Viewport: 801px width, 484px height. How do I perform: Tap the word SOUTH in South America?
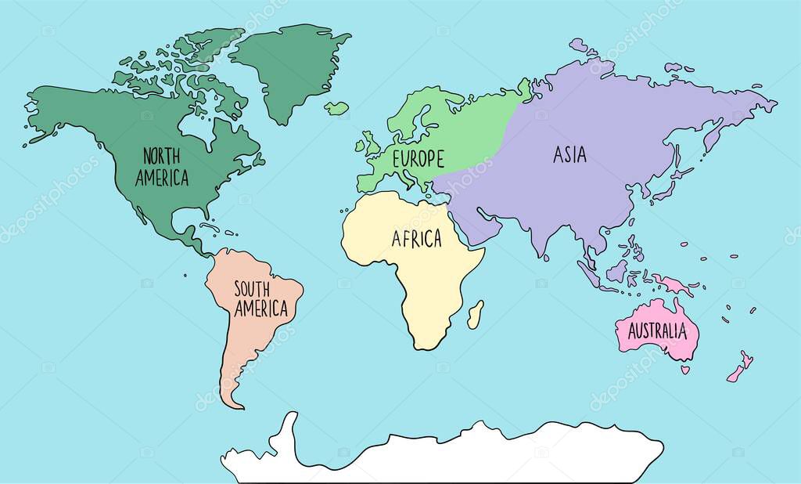pos(252,288)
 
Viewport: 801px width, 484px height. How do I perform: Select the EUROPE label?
pos(418,159)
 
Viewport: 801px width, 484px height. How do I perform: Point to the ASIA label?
pos(569,155)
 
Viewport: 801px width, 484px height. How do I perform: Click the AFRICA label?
pos(416,239)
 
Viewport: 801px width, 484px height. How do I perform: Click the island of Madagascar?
pos(475,315)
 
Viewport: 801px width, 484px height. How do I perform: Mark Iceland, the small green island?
pos(336,108)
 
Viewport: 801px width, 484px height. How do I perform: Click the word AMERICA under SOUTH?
pos(261,309)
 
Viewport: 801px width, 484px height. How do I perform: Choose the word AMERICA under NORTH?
pos(162,178)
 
